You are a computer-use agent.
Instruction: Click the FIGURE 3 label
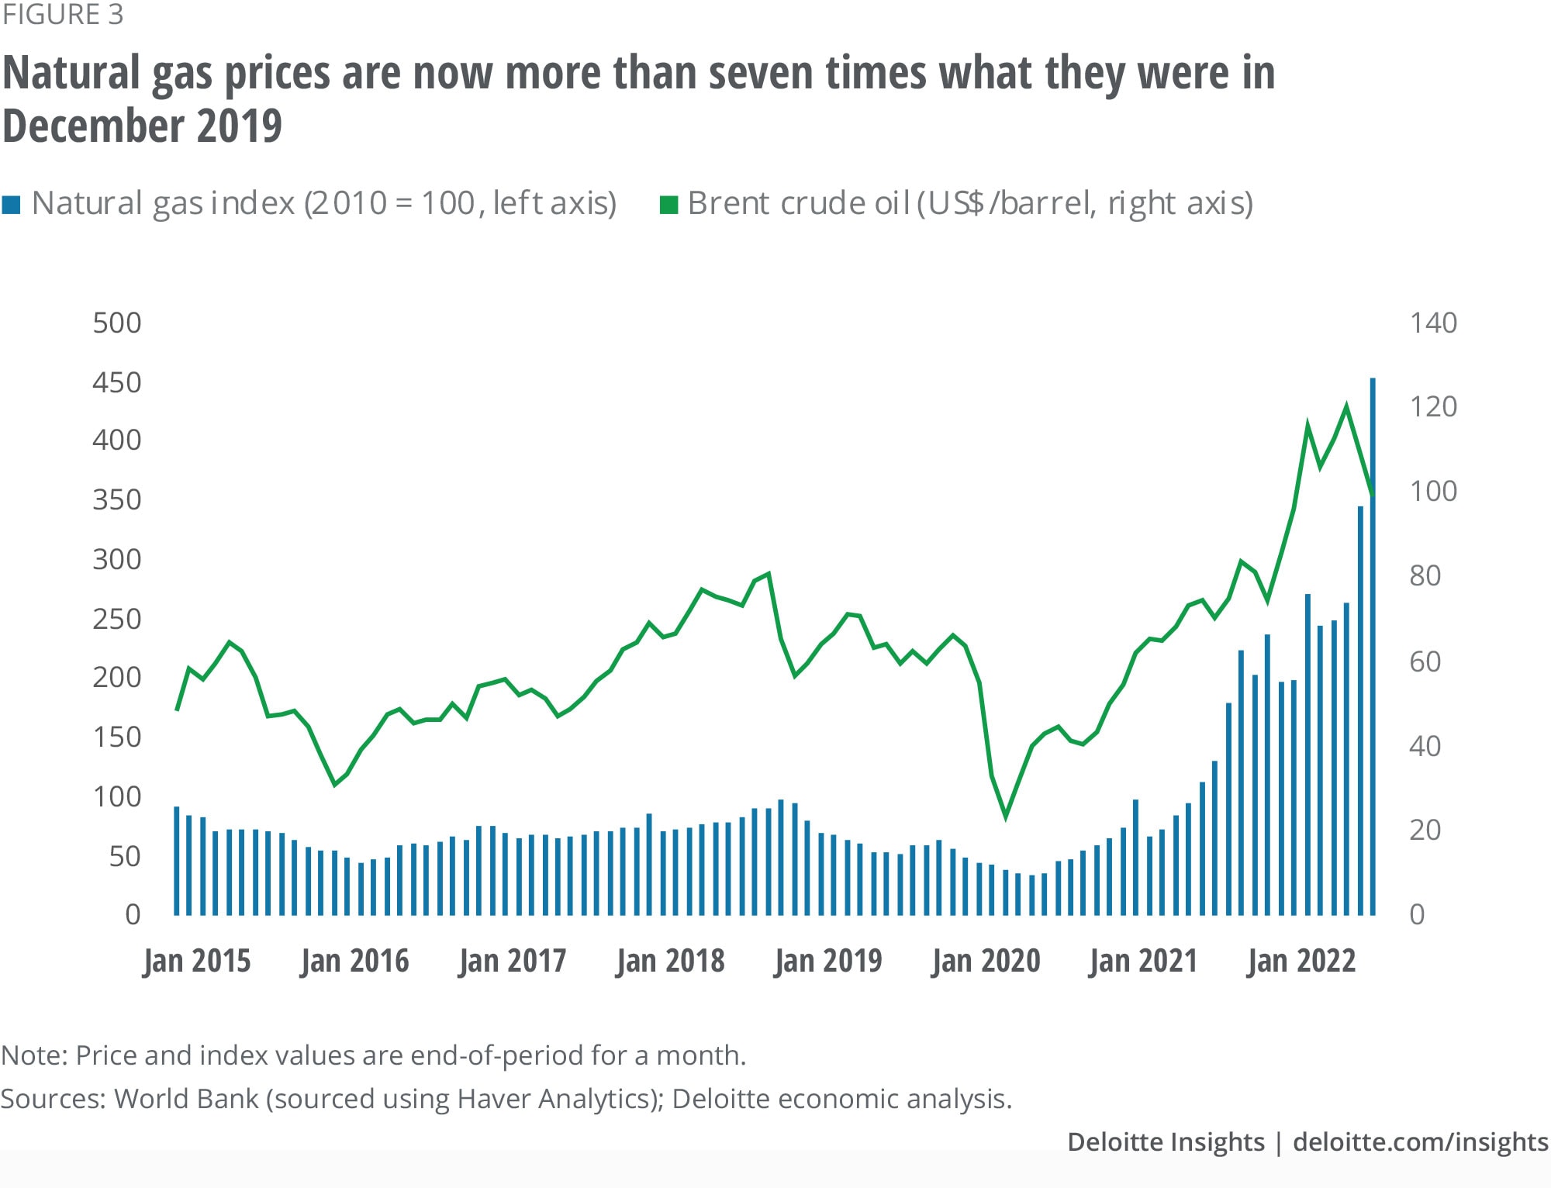point(63,15)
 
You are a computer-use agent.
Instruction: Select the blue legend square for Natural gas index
point(11,205)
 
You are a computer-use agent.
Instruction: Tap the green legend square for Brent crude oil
point(668,205)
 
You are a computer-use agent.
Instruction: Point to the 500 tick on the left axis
point(117,323)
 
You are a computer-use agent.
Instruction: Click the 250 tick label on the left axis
point(117,619)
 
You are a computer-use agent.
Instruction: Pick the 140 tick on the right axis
point(1433,323)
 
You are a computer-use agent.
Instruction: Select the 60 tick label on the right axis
point(1425,661)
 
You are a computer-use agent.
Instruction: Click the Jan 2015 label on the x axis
point(197,961)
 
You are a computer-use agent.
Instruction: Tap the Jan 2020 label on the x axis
point(986,961)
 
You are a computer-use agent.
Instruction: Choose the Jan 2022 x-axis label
point(1301,961)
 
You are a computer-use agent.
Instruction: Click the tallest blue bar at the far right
point(1373,644)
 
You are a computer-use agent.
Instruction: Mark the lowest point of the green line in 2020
point(1006,817)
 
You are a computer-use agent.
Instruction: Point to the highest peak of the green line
point(1346,406)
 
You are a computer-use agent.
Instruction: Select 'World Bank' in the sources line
point(186,1099)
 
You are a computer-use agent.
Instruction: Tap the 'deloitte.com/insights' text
point(1421,1142)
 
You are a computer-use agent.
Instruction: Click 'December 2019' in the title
point(143,126)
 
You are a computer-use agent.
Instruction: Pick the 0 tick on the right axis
point(1417,915)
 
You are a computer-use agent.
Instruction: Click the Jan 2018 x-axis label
point(670,961)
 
